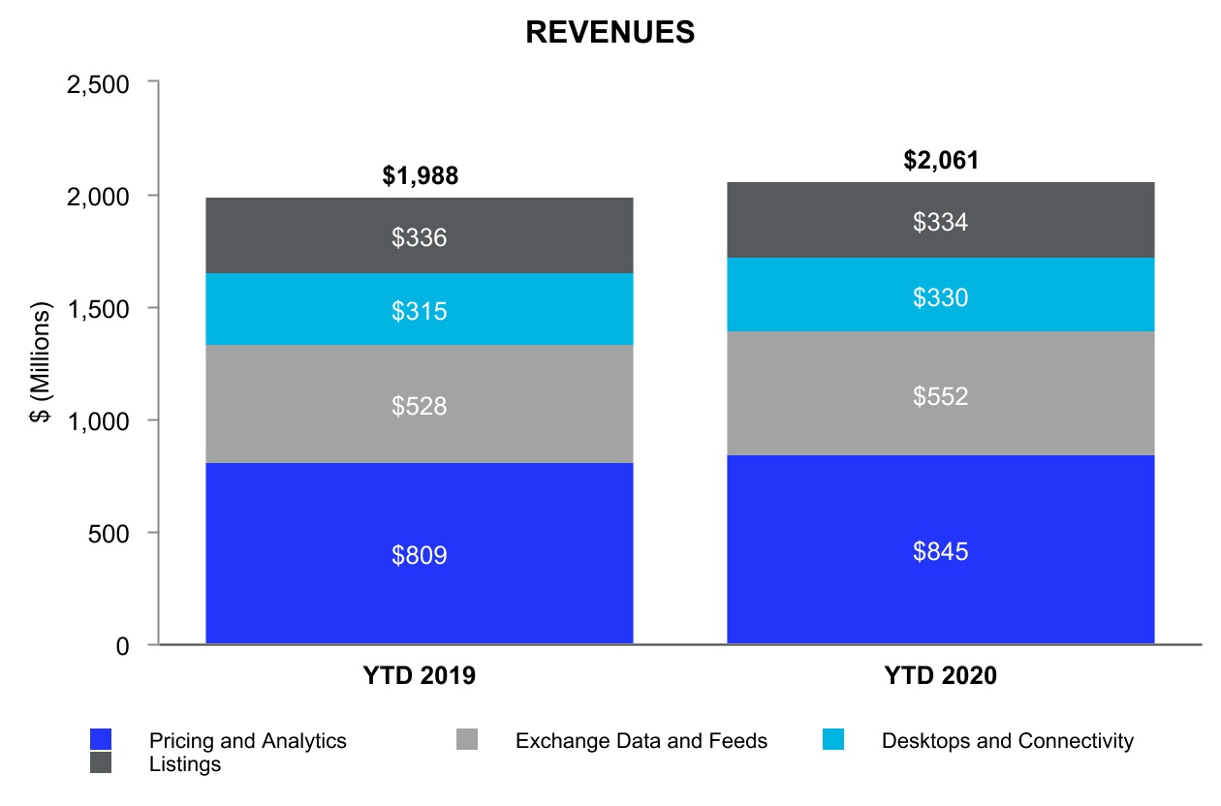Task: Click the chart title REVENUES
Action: click(610, 32)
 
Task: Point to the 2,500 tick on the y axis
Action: click(97, 84)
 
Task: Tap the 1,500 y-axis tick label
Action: click(97, 309)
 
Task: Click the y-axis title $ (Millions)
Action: click(41, 365)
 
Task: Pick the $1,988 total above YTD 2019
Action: click(420, 176)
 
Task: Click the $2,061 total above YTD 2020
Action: click(941, 160)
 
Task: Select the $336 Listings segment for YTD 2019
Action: click(420, 237)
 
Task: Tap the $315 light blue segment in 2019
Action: click(420, 311)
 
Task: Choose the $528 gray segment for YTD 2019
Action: click(420, 406)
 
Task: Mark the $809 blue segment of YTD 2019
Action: click(420, 555)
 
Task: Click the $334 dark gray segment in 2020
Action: click(941, 223)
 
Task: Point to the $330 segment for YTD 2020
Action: click(941, 297)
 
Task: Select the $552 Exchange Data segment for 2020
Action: click(941, 396)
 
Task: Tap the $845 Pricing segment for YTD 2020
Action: click(941, 551)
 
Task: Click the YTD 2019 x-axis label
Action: click(420, 676)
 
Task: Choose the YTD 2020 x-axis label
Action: click(941, 676)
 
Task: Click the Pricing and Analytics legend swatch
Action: click(101, 740)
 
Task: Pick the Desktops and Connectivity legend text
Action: click(1007, 741)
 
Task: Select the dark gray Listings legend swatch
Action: click(101, 763)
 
